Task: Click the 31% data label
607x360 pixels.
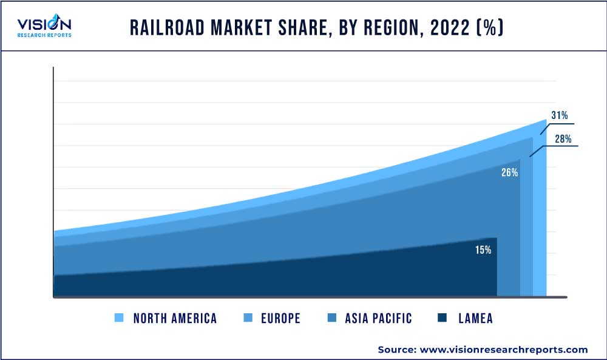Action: pyautogui.click(x=559, y=115)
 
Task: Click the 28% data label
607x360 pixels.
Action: pyautogui.click(x=563, y=139)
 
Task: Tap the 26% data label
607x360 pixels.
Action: pyautogui.click(x=509, y=172)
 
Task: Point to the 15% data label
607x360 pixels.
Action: pyautogui.click(x=483, y=250)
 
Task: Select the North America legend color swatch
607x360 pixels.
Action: pyautogui.click(x=119, y=318)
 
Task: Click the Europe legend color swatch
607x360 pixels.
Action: pyautogui.click(x=248, y=318)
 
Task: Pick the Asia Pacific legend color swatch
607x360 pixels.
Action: pyautogui.click(x=331, y=318)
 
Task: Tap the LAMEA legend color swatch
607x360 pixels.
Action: pyautogui.click(x=443, y=318)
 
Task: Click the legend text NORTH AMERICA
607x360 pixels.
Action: pyautogui.click(x=175, y=318)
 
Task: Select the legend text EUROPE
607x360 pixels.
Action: pyautogui.click(x=280, y=318)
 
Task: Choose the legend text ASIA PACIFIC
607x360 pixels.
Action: pyautogui.click(x=378, y=318)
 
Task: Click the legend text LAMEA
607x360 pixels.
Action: pyautogui.click(x=476, y=318)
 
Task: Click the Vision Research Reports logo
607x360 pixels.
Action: pyautogui.click(x=44, y=27)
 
